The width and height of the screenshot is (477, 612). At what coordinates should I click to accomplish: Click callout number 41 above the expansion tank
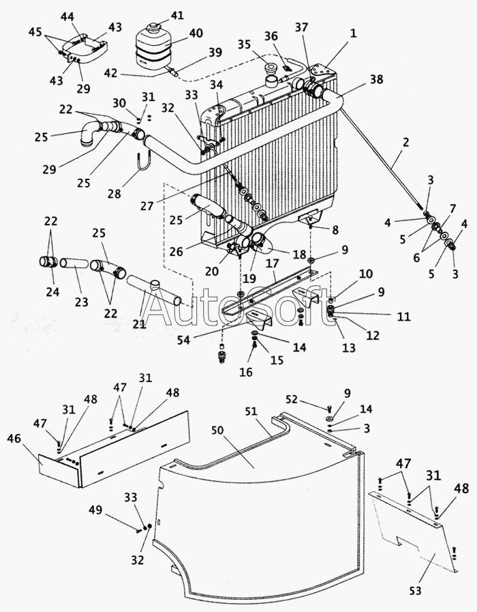[x=177, y=15]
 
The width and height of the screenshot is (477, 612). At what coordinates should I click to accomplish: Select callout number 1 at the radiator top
[x=353, y=33]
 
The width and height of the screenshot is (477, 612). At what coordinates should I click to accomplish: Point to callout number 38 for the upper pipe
[x=377, y=80]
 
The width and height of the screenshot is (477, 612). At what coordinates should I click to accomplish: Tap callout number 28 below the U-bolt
[x=114, y=194]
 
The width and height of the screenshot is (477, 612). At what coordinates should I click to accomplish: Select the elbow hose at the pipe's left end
[x=89, y=133]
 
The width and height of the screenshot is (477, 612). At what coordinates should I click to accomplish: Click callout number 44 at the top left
[x=67, y=16]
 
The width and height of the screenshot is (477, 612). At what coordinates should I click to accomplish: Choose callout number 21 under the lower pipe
[x=139, y=325]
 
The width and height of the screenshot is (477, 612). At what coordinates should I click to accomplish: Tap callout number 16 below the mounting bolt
[x=246, y=372]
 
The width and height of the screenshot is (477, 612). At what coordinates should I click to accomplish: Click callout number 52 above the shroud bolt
[x=292, y=399]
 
